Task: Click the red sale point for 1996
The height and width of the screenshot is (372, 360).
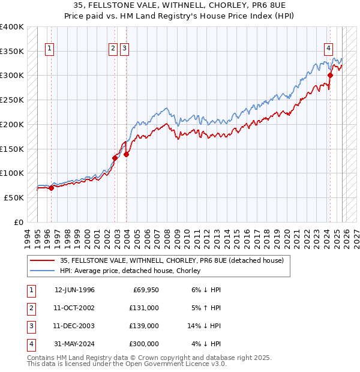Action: (51, 188)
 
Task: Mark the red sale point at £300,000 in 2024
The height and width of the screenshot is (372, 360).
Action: (330, 75)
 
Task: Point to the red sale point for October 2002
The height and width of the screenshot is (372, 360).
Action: (115, 158)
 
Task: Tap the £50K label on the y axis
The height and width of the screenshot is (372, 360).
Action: (14, 197)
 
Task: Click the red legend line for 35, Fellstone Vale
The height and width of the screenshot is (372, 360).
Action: (43, 260)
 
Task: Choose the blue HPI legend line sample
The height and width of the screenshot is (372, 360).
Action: (43, 271)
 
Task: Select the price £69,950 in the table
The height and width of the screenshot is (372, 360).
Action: (145, 290)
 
